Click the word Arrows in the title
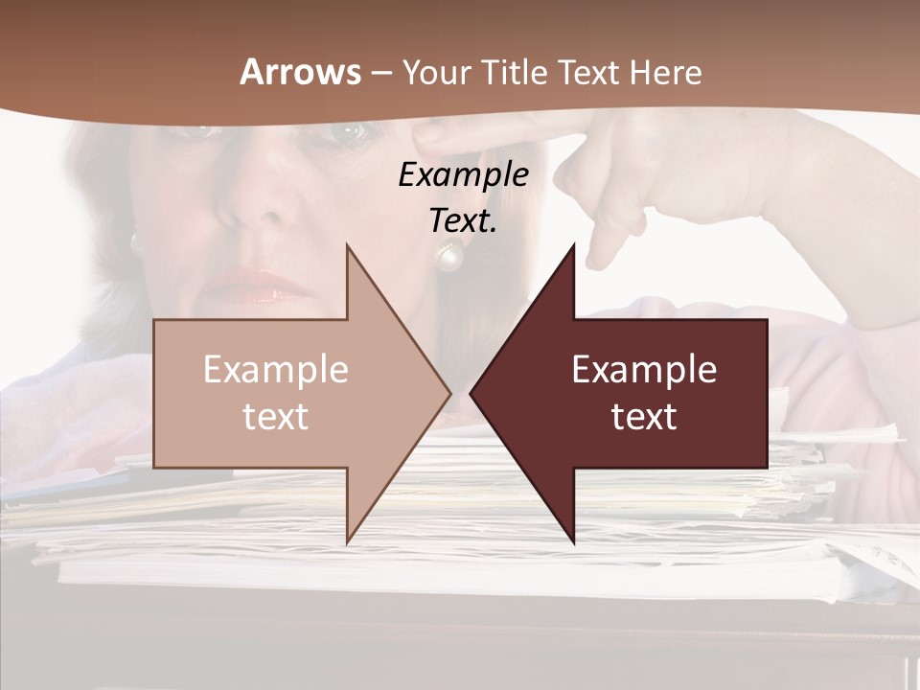point(301,72)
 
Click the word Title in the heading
point(513,72)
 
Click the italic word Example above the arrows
point(463,174)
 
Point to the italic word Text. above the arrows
point(463,220)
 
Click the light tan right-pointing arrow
point(287,393)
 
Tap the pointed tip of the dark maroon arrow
point(473,393)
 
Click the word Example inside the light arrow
point(276,370)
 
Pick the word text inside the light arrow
point(276,417)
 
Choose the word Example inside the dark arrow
point(644,370)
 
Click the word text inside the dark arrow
point(644,417)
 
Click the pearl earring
point(449,255)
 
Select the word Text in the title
point(589,72)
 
